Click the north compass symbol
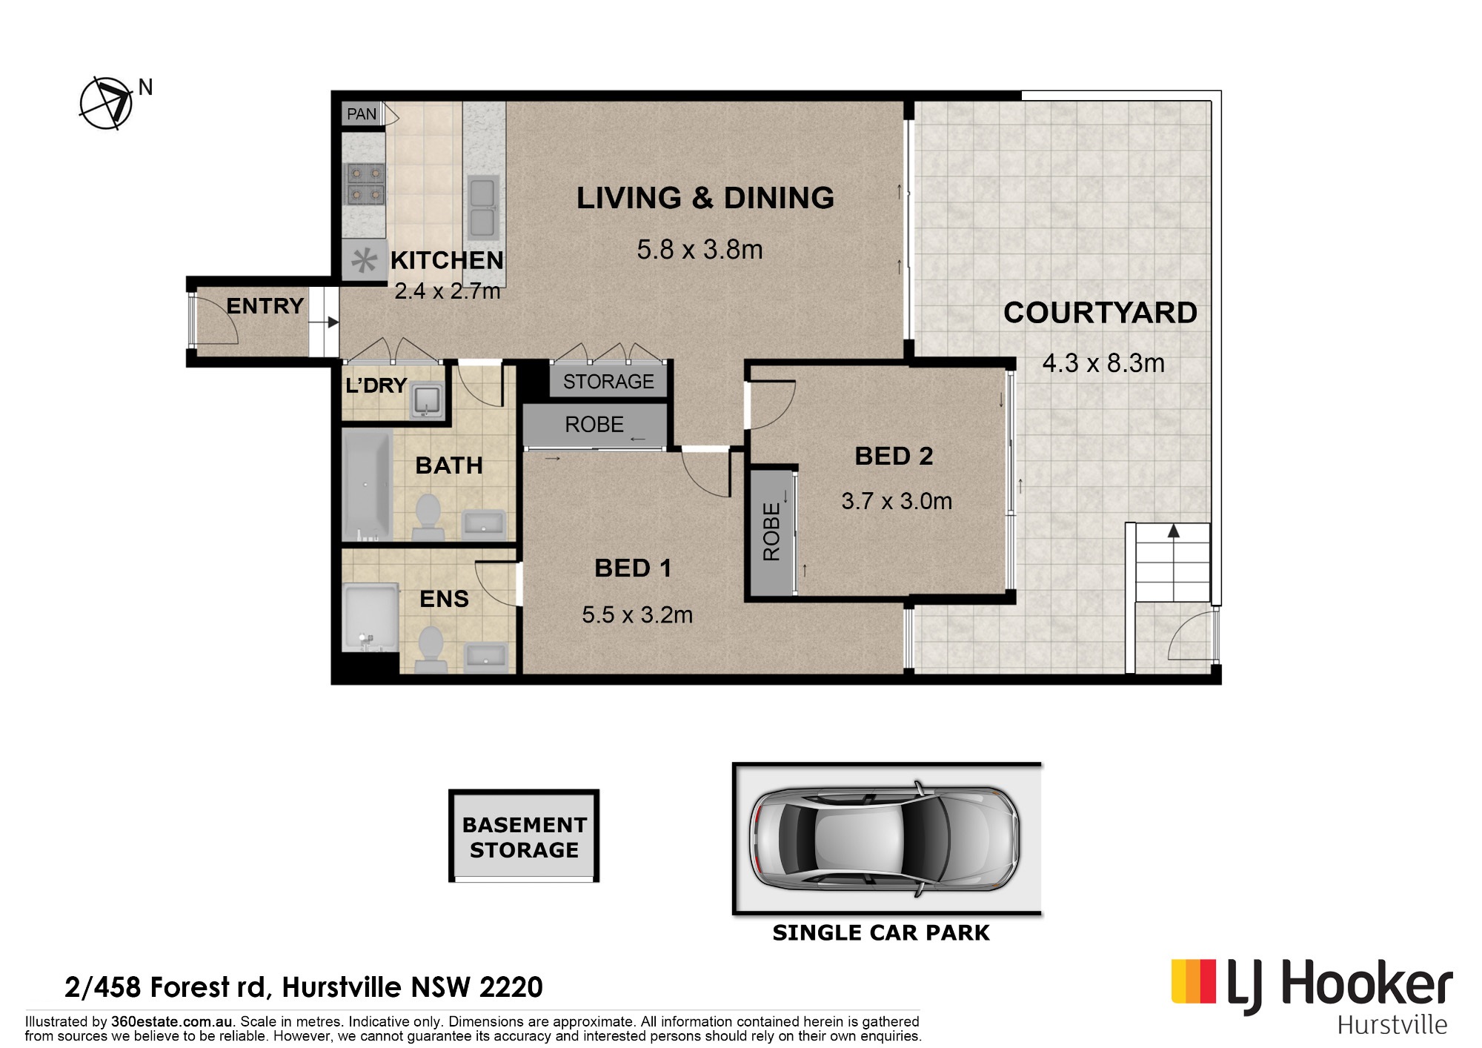pyautogui.click(x=106, y=103)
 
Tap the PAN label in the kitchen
pyautogui.click(x=362, y=114)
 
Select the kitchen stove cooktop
pyautogui.click(x=366, y=184)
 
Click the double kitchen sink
pyautogui.click(x=482, y=207)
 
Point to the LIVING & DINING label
pyautogui.click(x=705, y=198)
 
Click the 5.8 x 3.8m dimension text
pyautogui.click(x=700, y=250)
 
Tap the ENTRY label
pyautogui.click(x=265, y=306)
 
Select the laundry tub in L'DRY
pyautogui.click(x=428, y=402)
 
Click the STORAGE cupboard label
pyautogui.click(x=608, y=382)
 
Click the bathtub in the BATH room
pyautogui.click(x=368, y=485)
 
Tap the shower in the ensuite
pyautogui.click(x=370, y=617)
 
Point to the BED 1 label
pyautogui.click(x=633, y=568)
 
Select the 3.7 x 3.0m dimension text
pyautogui.click(x=897, y=502)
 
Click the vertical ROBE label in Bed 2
pyautogui.click(x=771, y=531)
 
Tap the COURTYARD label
pyautogui.click(x=1100, y=313)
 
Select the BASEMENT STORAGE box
pyautogui.click(x=524, y=836)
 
